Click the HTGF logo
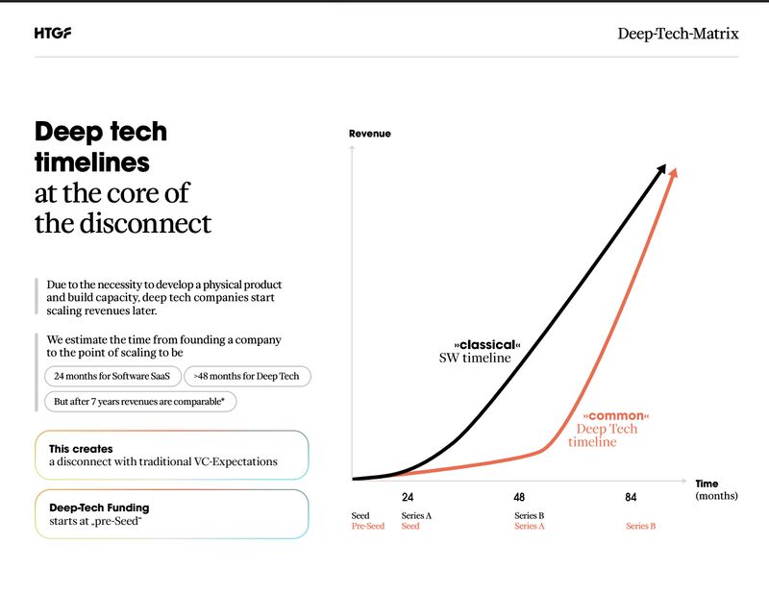coord(52,34)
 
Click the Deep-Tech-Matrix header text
coord(678,34)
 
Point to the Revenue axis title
coord(369,134)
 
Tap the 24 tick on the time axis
coord(408,497)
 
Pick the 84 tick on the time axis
coord(631,497)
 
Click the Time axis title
coord(707,483)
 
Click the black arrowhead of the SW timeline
coord(660,170)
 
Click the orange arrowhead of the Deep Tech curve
coord(674,172)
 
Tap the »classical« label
coord(486,345)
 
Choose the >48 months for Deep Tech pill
coord(247,376)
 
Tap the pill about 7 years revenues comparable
coord(140,401)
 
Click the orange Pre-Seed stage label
coord(367,526)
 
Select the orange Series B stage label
coord(641,526)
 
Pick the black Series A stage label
coord(416,516)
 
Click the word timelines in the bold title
coord(92,161)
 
